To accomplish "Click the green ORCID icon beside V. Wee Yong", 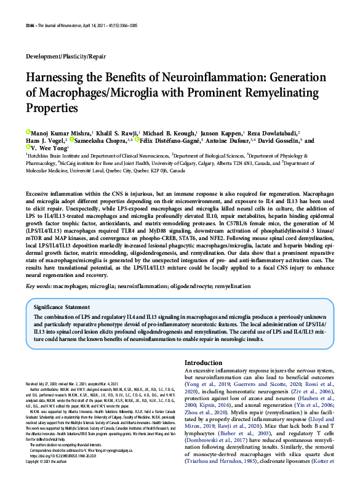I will [x=28, y=148].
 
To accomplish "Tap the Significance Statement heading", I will [x=62, y=307].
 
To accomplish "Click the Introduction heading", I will [x=204, y=363].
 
